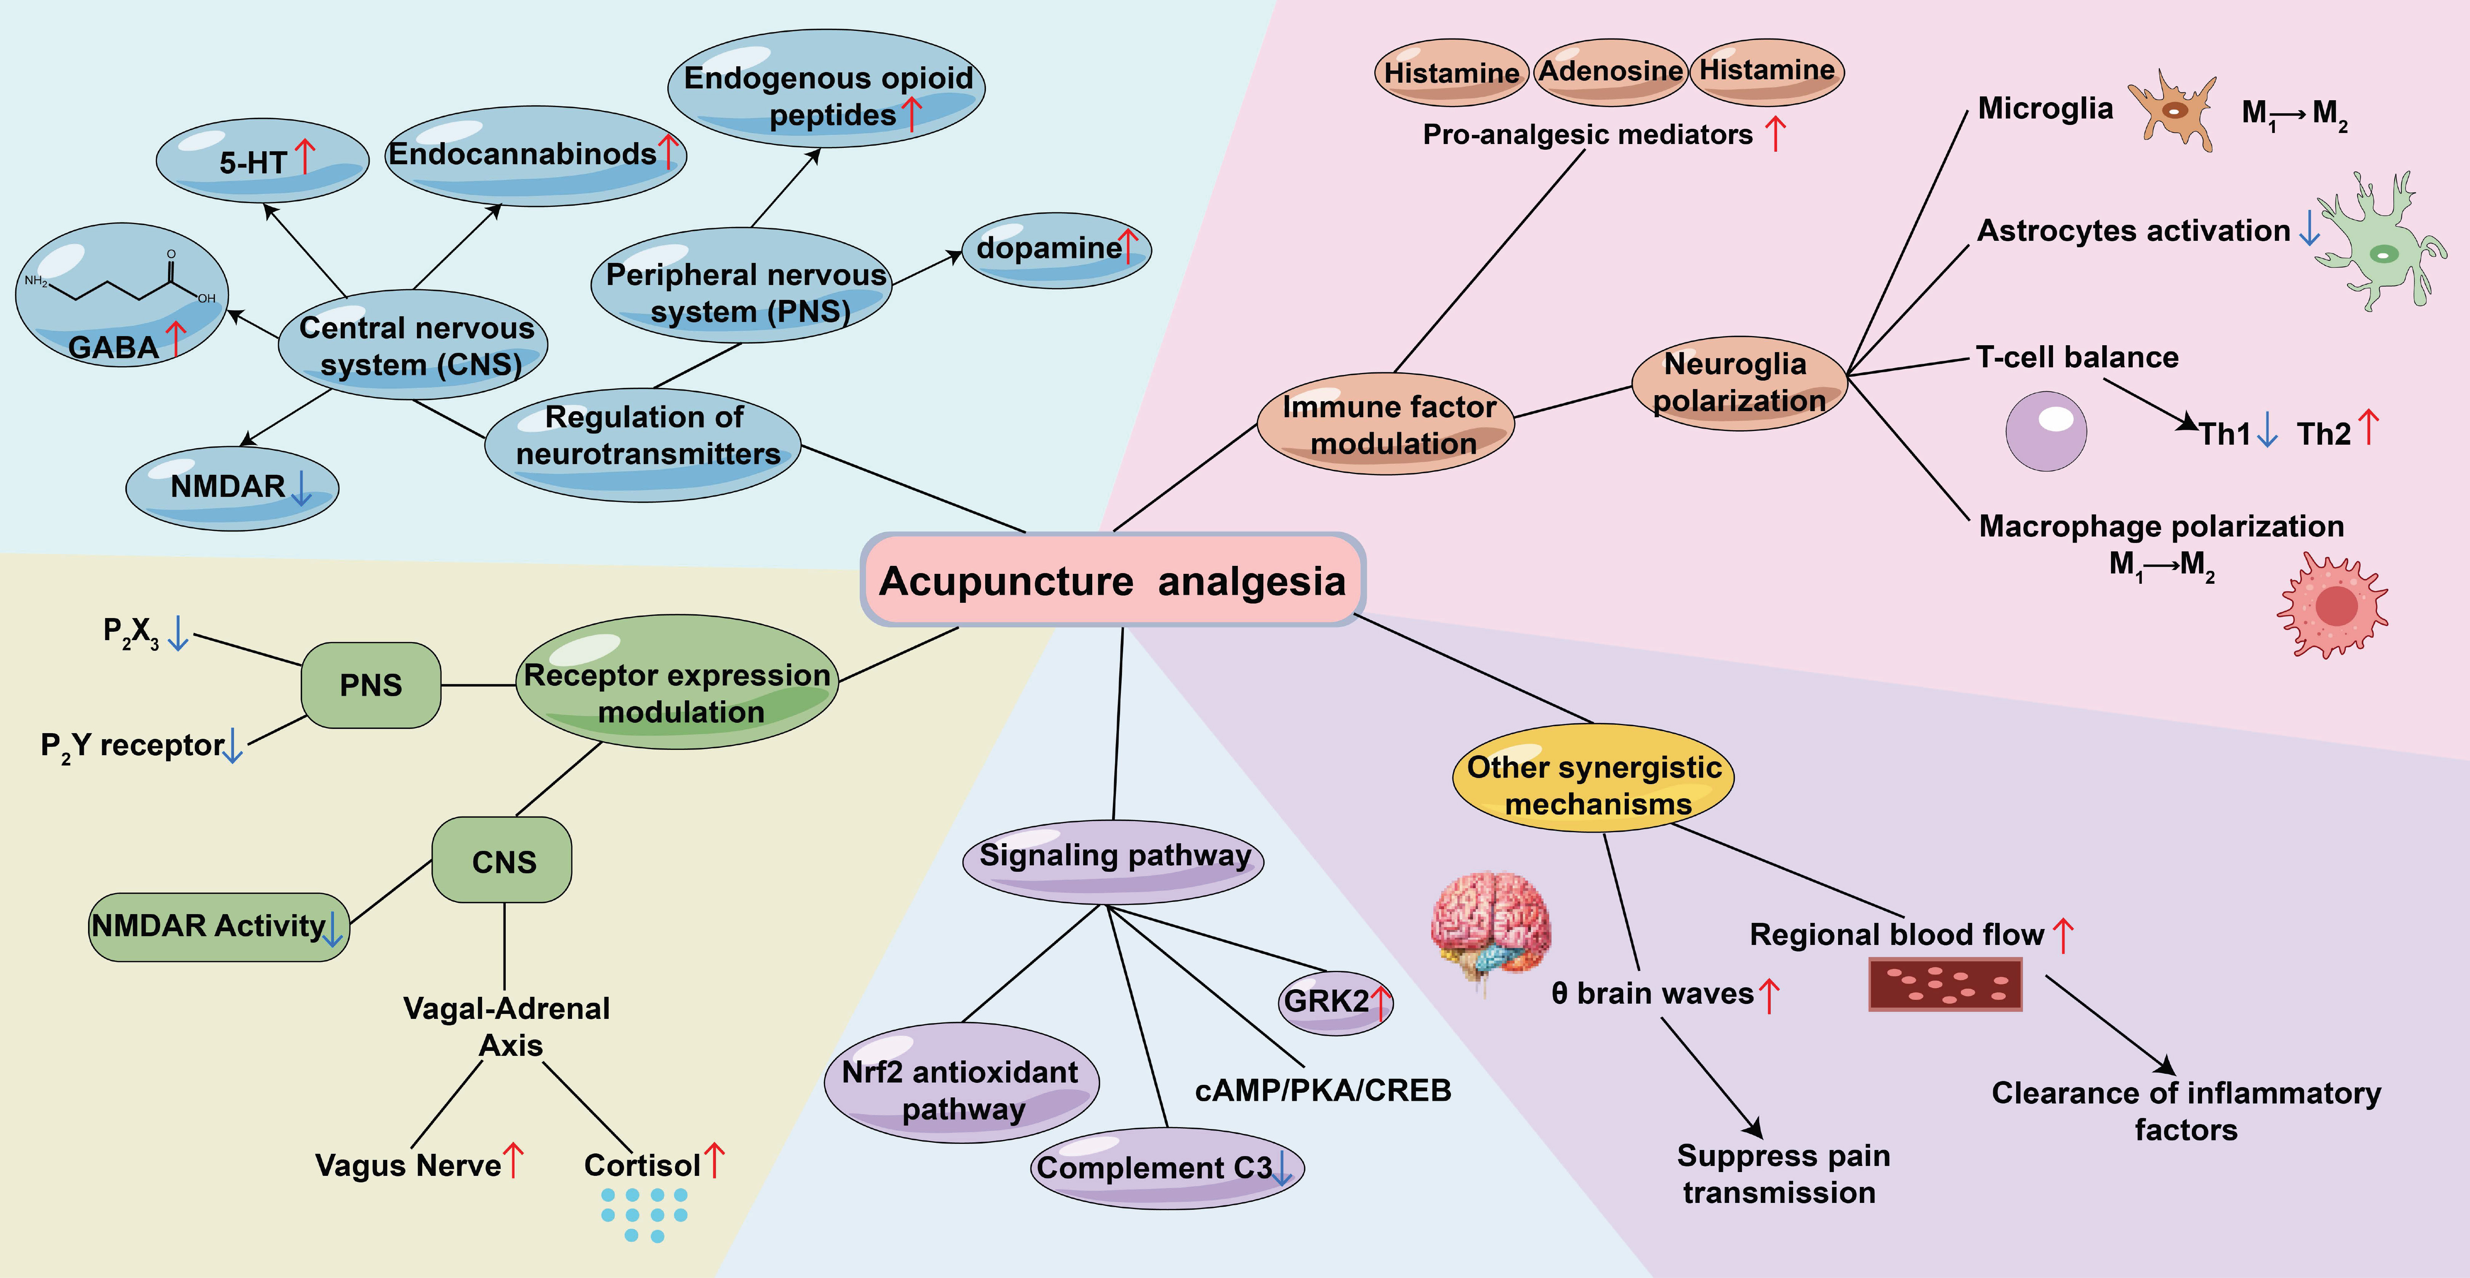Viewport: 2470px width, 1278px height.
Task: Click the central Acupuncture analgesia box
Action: coord(1112,580)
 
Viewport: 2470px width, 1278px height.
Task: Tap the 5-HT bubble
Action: coord(262,160)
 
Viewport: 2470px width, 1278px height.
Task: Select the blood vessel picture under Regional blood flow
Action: coord(1946,985)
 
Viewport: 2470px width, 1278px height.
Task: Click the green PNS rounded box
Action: coord(371,685)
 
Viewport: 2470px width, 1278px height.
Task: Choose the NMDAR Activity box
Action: coord(219,926)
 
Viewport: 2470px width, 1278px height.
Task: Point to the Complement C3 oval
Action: coord(1167,1168)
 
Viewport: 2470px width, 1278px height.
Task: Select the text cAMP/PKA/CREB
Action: coord(1323,1090)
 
